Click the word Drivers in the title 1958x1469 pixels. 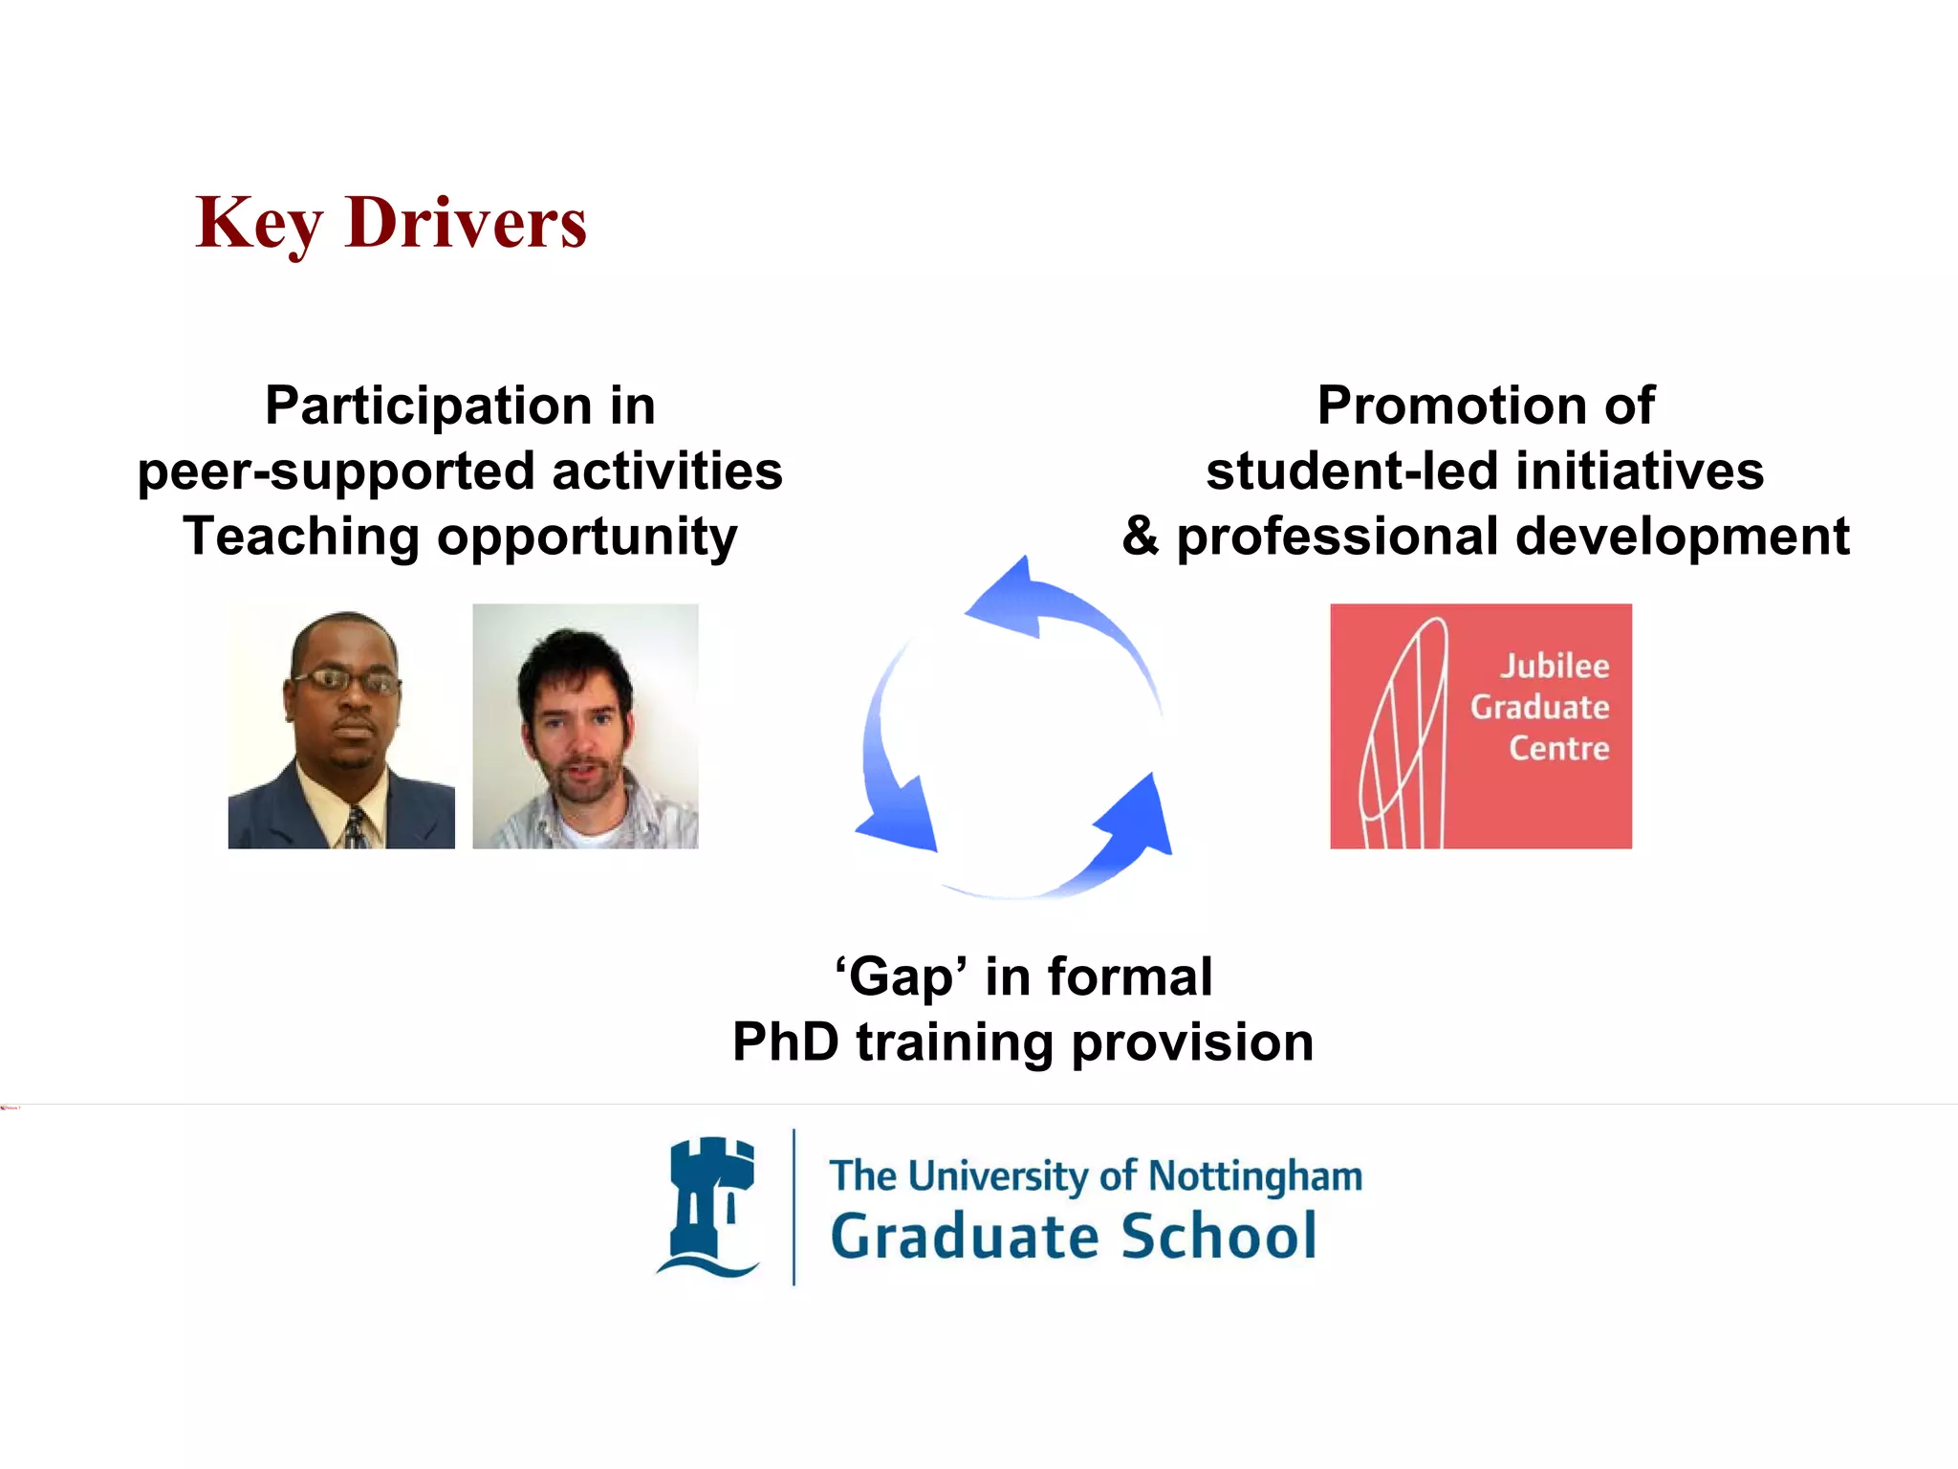pos(466,222)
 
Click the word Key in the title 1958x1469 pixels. pos(258,222)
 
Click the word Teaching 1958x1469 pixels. pos(301,536)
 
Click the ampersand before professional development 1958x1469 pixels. pos(1141,536)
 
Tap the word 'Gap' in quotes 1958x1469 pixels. pos(901,977)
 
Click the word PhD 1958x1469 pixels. pos(786,1042)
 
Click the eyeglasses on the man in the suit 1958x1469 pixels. pos(345,681)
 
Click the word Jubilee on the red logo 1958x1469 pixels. pos(1554,666)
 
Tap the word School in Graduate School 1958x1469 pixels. pos(1218,1236)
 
